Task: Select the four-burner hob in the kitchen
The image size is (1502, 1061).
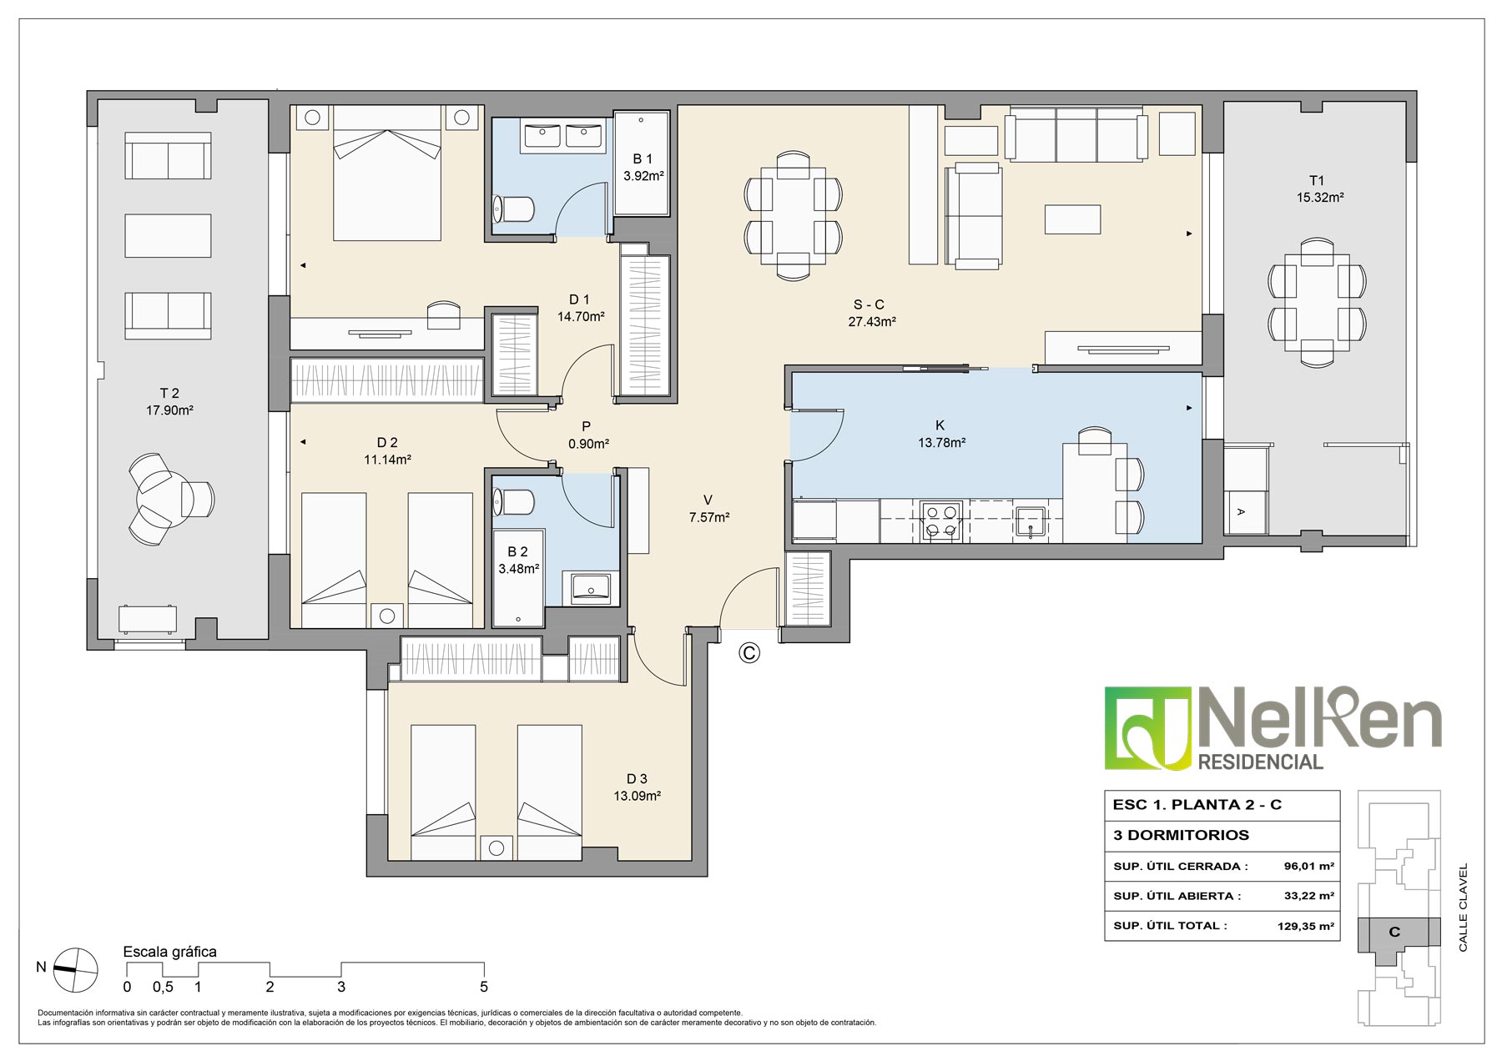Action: click(x=941, y=521)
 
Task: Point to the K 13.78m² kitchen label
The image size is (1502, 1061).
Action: click(x=941, y=434)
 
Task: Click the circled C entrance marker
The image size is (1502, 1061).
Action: click(x=749, y=653)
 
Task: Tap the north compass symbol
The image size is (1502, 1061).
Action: click(x=76, y=970)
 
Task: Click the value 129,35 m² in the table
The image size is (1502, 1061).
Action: click(x=1305, y=926)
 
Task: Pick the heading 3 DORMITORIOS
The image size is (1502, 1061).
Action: click(x=1181, y=835)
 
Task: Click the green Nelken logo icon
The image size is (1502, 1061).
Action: click(x=1148, y=728)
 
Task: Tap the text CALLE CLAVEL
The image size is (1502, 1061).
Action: click(x=1463, y=907)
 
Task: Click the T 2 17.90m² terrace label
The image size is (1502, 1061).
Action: click(x=169, y=401)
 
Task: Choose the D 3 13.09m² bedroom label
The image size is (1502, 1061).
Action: click(x=637, y=787)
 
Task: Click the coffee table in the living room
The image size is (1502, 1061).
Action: click(x=1072, y=219)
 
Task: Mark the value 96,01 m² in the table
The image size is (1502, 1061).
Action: click(x=1308, y=867)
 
